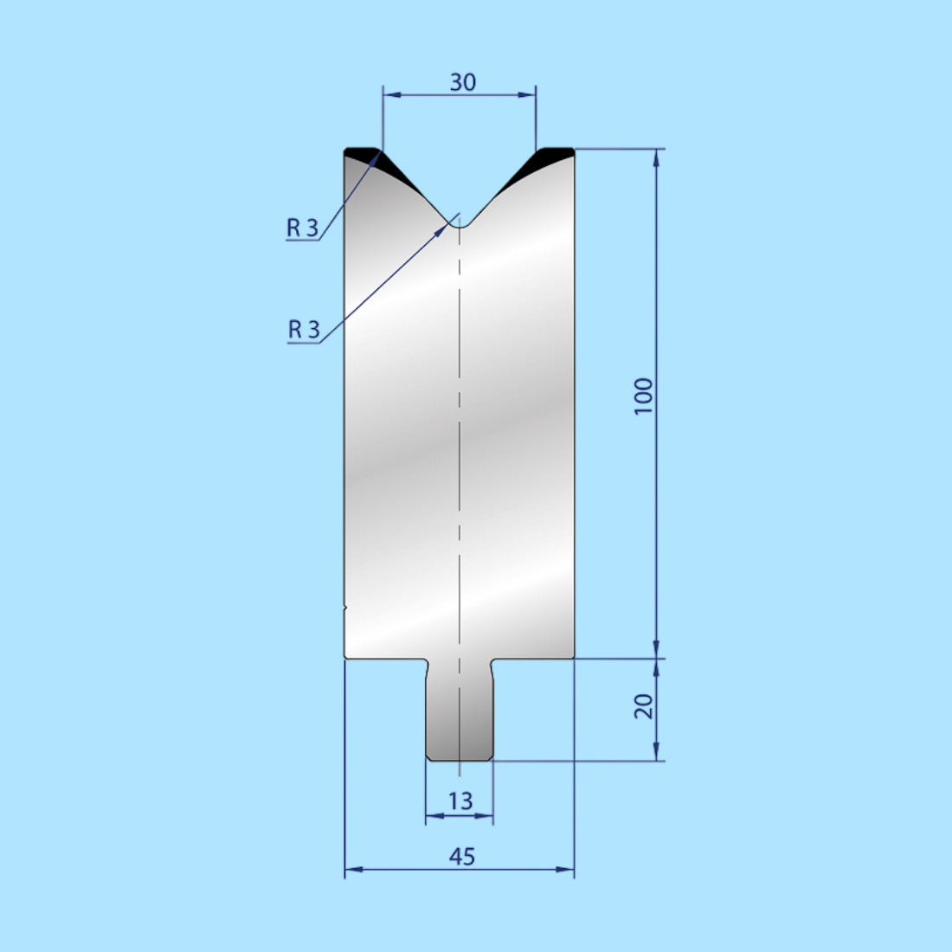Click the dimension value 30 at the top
coord(462,82)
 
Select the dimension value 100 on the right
coord(643,396)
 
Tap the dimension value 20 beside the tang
coord(643,707)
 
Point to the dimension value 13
coord(460,801)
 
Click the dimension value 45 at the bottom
coord(462,856)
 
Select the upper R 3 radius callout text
coord(303,228)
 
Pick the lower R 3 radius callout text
coord(304,330)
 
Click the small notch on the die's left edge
coord(345,608)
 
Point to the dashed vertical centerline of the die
coord(460,433)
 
